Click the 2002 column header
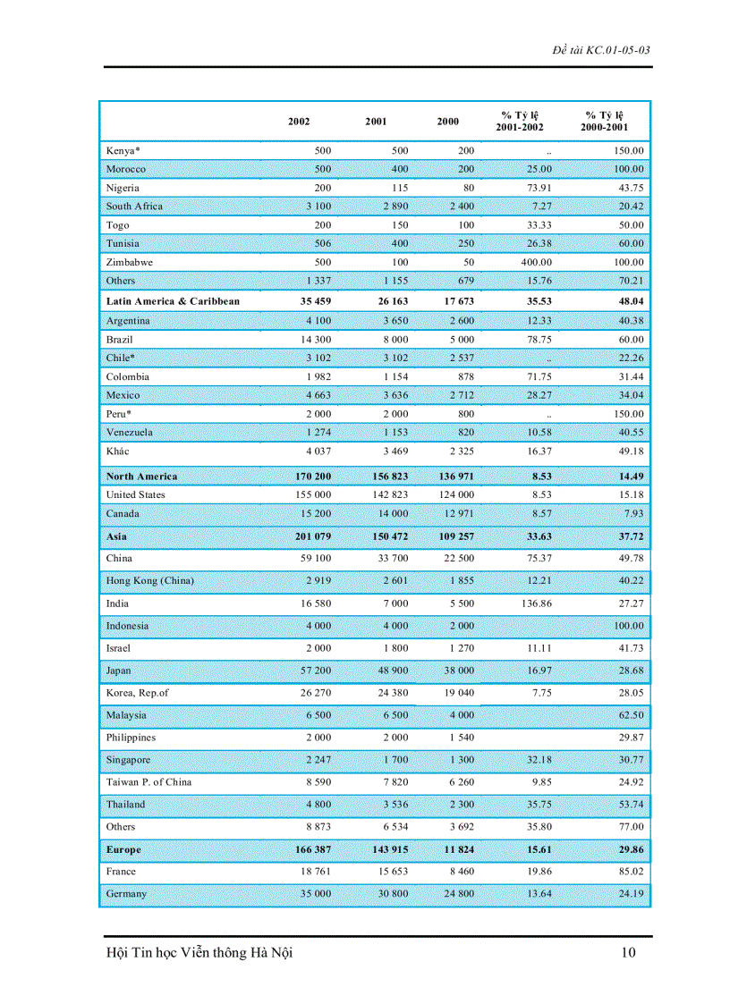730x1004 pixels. [299, 122]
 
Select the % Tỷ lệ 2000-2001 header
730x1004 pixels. [605, 121]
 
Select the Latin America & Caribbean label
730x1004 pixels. [173, 301]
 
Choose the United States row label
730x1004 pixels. [135, 494]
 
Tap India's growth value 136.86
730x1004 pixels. [536, 603]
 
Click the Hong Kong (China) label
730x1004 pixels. [149, 581]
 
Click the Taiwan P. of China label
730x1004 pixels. [149, 782]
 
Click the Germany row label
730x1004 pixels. [126, 894]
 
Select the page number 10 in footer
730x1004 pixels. [628, 953]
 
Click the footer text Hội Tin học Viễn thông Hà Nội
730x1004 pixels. [199, 953]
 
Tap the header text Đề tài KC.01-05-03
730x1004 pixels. [601, 49]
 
